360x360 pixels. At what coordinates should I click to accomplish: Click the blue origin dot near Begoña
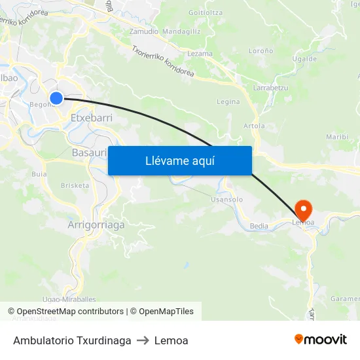tap(56, 98)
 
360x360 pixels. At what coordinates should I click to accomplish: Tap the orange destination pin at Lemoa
tap(304, 209)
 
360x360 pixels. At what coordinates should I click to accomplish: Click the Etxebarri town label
tap(91, 118)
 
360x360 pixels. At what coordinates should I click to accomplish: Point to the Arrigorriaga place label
tap(96, 225)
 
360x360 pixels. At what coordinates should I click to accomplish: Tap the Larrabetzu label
tap(270, 87)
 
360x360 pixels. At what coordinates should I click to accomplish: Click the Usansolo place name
tap(228, 199)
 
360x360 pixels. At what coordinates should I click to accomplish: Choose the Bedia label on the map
tap(259, 226)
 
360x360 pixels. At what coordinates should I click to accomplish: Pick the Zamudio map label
tap(143, 31)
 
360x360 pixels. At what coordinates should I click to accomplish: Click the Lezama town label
tap(200, 54)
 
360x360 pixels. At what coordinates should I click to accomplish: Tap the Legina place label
tap(228, 101)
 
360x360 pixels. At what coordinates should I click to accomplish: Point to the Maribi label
tap(337, 137)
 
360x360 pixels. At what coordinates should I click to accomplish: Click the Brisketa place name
tap(75, 185)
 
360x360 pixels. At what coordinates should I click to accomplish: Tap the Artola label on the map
tap(254, 126)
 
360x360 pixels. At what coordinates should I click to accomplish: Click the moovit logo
tap(321, 340)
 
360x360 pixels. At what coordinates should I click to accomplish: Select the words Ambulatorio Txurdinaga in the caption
tap(72, 340)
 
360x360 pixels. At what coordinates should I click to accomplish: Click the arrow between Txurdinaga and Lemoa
tap(143, 340)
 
